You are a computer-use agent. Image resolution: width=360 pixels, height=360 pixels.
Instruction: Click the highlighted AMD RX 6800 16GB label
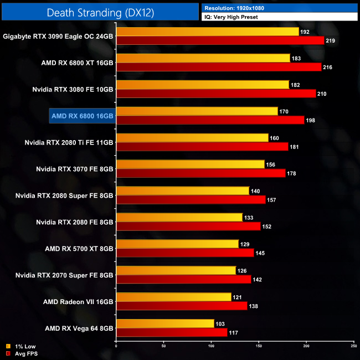click(82, 116)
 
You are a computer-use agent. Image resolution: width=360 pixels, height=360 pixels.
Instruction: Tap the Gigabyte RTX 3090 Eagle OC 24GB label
click(58, 36)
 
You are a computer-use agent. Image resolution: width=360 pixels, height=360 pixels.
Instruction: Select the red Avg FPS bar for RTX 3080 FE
click(216, 94)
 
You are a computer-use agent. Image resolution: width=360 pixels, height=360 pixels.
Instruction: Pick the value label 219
click(331, 41)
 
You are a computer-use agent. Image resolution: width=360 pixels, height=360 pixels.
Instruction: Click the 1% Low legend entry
click(22, 347)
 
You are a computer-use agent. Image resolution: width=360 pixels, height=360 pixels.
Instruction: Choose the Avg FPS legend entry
click(23, 353)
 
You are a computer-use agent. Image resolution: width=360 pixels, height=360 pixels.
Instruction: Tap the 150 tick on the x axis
click(259, 347)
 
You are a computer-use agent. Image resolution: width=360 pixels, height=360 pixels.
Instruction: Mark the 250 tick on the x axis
click(353, 347)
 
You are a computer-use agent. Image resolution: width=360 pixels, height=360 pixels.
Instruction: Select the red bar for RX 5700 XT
click(185, 253)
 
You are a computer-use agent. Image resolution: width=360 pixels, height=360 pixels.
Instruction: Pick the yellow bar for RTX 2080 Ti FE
click(192, 138)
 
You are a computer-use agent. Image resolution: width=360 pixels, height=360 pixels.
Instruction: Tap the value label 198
click(311, 121)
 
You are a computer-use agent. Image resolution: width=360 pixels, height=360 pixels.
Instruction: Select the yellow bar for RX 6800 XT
click(203, 58)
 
